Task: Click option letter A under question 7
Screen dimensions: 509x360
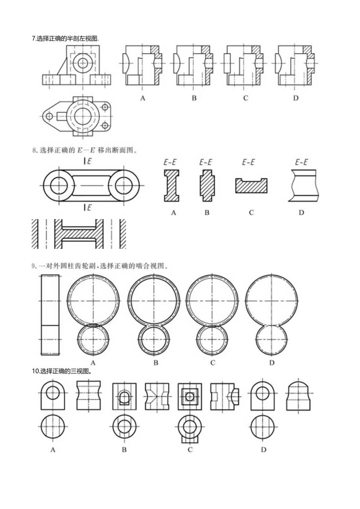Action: [143, 98]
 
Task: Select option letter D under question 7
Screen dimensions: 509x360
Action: [296, 98]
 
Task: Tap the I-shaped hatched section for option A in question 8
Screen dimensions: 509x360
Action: [171, 185]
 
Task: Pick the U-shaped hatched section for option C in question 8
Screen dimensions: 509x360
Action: [251, 185]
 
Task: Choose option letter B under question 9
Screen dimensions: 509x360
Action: [156, 363]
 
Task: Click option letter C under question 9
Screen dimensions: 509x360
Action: [213, 363]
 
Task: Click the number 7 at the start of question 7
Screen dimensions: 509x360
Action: [34, 38]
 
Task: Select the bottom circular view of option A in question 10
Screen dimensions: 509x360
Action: [52, 427]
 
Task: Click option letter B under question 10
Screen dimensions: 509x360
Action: [124, 450]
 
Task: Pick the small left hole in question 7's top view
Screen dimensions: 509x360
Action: [49, 116]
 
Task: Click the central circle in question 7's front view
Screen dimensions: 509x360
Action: [83, 63]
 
